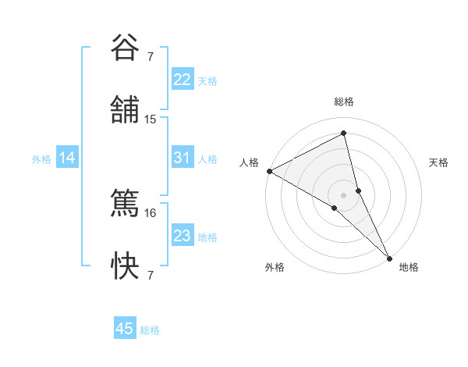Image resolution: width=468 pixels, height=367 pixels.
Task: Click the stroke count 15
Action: [x=151, y=119]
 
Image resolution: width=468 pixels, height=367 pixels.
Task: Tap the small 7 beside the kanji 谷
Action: [x=151, y=56]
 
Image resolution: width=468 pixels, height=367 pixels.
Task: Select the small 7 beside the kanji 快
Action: [x=151, y=276]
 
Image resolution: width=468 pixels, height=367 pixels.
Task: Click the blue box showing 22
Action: [x=182, y=80]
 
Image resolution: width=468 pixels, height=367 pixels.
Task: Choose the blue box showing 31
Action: [x=182, y=158]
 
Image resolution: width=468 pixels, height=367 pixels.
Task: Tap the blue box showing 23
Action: [x=182, y=236]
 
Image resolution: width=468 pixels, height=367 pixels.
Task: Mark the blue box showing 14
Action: [x=67, y=158]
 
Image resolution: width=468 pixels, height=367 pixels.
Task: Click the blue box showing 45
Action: [x=125, y=329]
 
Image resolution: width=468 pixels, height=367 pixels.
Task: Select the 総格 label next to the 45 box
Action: [x=150, y=330]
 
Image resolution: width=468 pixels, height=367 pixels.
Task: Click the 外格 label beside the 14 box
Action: [x=41, y=159]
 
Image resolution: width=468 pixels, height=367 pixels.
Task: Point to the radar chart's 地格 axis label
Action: [x=409, y=267]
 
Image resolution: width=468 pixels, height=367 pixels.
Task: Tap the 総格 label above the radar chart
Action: [x=344, y=102]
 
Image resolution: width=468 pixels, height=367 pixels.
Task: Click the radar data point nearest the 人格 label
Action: [x=269, y=171]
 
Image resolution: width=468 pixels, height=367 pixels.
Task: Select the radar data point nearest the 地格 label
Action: [x=389, y=258]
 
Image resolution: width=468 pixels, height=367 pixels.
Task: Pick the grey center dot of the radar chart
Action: [x=344, y=194]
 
